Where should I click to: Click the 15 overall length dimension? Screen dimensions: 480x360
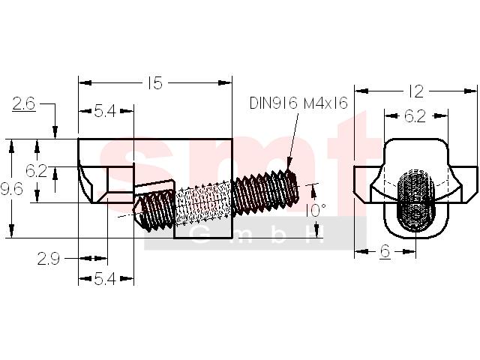click(155, 83)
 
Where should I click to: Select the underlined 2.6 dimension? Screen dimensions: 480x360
click(24, 103)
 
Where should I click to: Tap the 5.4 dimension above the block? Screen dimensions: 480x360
click(105, 111)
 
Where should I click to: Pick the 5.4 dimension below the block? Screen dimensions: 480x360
click(105, 279)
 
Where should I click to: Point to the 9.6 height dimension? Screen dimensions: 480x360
click(12, 189)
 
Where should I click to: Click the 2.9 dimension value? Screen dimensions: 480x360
click(49, 259)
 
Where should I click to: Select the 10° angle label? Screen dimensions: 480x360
click(316, 210)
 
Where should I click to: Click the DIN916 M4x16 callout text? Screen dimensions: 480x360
click(298, 103)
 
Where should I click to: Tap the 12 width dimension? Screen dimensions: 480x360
click(415, 91)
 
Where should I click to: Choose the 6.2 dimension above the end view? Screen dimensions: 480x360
click(415, 116)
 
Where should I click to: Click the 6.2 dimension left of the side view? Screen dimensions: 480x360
click(37, 170)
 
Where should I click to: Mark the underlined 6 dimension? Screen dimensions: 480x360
click(385, 252)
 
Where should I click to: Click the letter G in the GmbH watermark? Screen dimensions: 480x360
click(199, 235)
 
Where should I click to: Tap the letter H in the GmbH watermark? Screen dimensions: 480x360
click(315, 235)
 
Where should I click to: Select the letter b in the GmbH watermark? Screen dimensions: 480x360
click(277, 235)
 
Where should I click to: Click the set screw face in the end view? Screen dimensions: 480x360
click(416, 200)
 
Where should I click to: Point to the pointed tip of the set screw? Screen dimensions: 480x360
click(134, 209)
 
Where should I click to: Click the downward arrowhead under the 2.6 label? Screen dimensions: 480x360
click(55, 132)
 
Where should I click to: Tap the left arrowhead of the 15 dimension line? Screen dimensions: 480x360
click(85, 83)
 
